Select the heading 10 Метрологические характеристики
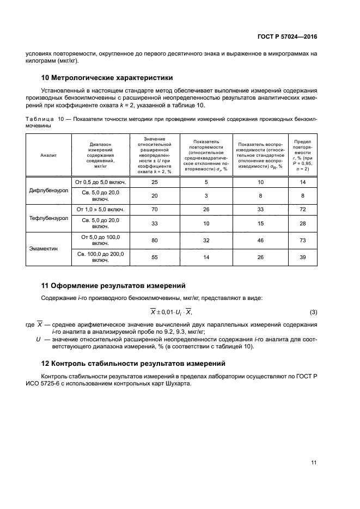[107, 77]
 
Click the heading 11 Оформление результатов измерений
[113, 285]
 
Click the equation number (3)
[313, 312]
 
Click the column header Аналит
[48, 155]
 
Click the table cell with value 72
[303, 209]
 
